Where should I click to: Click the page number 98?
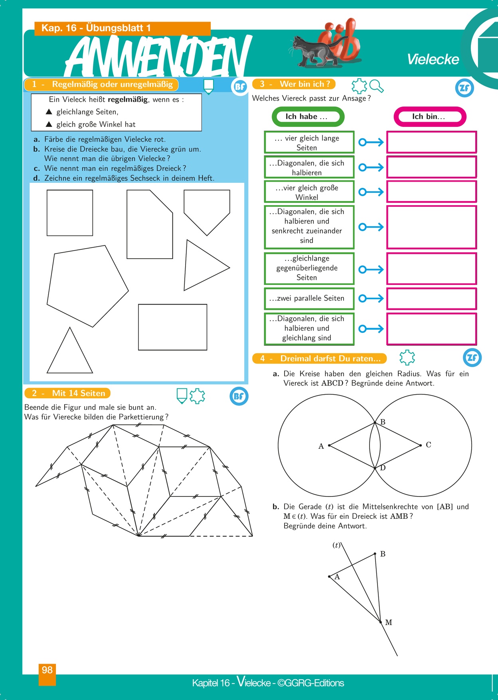pyautogui.click(x=47, y=670)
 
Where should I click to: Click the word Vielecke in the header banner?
pyautogui.click(x=433, y=59)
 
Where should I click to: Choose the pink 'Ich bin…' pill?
pyautogui.click(x=430, y=117)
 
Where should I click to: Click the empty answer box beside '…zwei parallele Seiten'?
pyautogui.click(x=431, y=299)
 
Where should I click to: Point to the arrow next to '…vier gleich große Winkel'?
pyautogui.click(x=371, y=192)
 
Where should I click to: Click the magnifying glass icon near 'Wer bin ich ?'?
pyautogui.click(x=376, y=86)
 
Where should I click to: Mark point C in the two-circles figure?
pyautogui.click(x=421, y=445)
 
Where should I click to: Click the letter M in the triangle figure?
pyautogui.click(x=388, y=622)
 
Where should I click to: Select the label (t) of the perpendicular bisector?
pyautogui.click(x=336, y=545)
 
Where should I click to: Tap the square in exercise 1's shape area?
pyautogui.click(x=70, y=213)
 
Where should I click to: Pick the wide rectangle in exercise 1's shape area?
pyautogui.click(x=172, y=327)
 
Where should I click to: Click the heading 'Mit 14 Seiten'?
pyautogui.click(x=78, y=393)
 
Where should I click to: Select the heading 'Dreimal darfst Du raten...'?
pyautogui.click(x=330, y=358)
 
